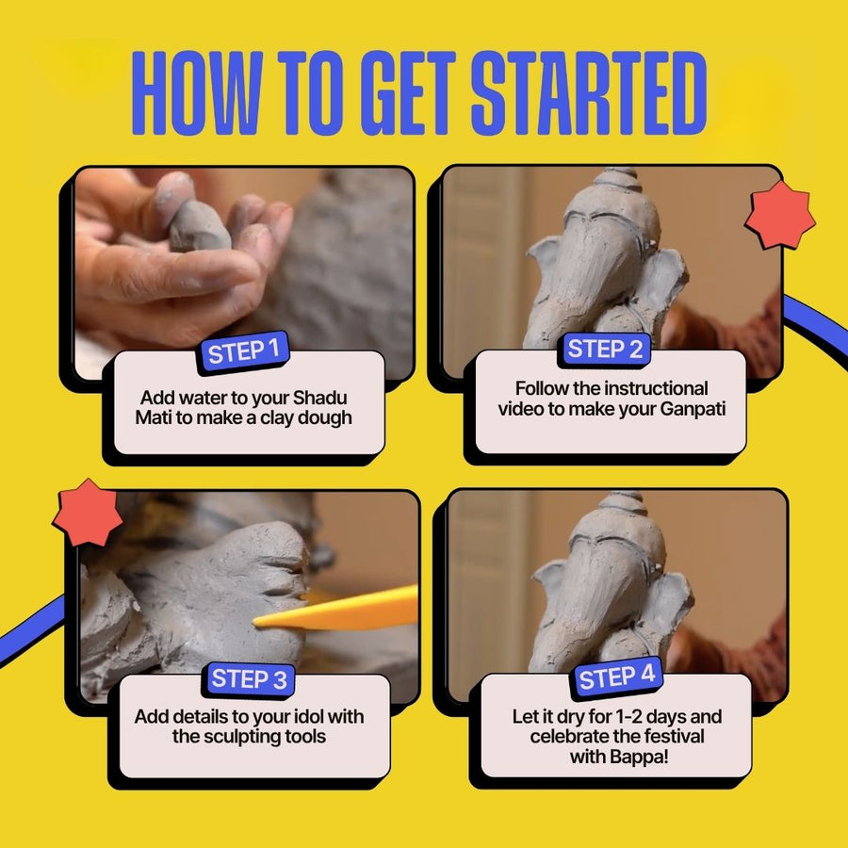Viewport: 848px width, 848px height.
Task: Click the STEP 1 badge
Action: pyautogui.click(x=243, y=351)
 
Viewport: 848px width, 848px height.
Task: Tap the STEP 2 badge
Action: pyautogui.click(x=605, y=349)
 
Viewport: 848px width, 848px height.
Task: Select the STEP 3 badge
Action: pyautogui.click(x=249, y=679)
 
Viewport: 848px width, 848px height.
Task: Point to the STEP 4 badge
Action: pyautogui.click(x=616, y=677)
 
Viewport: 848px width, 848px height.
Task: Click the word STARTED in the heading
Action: pyautogui.click(x=589, y=93)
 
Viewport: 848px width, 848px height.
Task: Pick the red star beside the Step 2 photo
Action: pyautogui.click(x=780, y=215)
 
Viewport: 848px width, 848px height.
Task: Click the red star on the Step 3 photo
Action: pyautogui.click(x=87, y=513)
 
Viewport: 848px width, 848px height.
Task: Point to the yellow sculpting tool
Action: pyautogui.click(x=336, y=609)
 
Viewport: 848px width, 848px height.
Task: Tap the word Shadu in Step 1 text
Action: pyautogui.click(x=319, y=398)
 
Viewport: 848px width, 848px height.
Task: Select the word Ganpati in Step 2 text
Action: pyautogui.click(x=693, y=409)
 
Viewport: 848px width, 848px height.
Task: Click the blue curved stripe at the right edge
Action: pyautogui.click(x=817, y=328)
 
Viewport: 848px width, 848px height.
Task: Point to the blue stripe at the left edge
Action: pyautogui.click(x=31, y=631)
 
